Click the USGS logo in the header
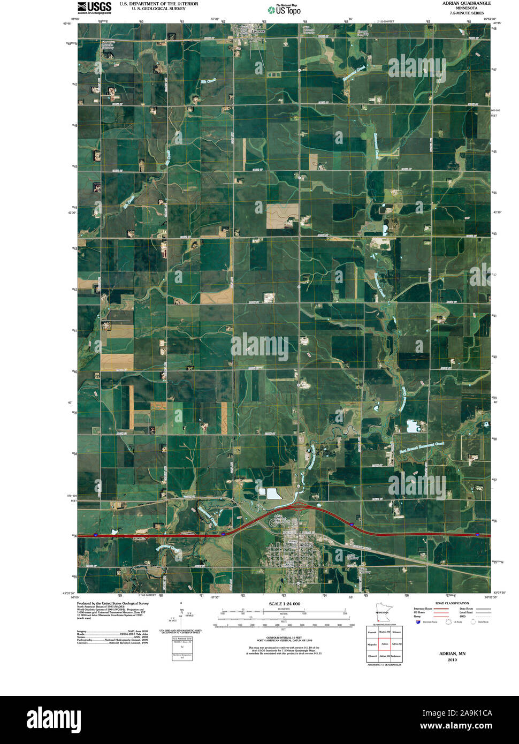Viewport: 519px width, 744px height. (x=94, y=7)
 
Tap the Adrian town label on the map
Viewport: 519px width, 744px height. (x=306, y=544)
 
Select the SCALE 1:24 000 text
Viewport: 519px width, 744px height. (x=284, y=604)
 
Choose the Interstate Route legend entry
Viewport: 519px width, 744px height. (x=426, y=609)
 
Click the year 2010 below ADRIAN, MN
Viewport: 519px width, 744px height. (x=452, y=660)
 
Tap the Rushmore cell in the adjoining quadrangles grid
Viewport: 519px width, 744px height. (x=396, y=656)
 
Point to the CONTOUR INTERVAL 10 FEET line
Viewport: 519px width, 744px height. (x=284, y=637)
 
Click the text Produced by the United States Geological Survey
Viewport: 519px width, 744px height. (x=113, y=603)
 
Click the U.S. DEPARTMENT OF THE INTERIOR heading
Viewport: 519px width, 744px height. (x=158, y=4)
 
